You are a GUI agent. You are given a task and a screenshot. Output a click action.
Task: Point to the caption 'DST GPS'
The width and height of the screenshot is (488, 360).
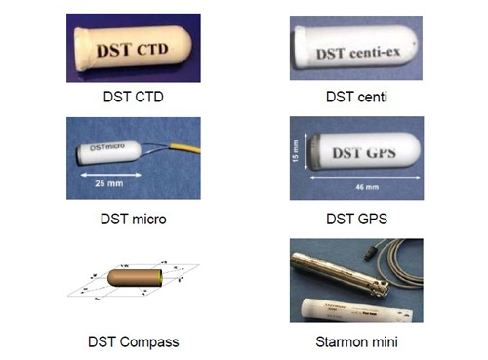click(355, 220)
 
